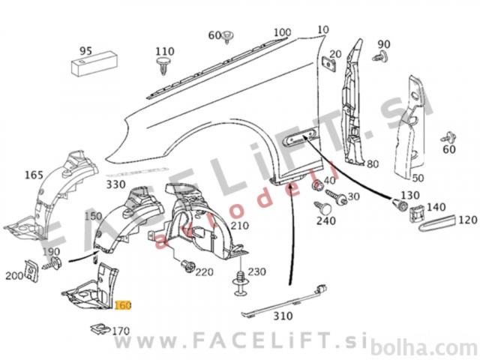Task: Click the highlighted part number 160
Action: point(123,305)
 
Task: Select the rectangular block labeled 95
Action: point(94,64)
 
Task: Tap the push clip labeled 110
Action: point(163,65)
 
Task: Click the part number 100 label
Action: point(282,32)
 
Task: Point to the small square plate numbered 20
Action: point(329,64)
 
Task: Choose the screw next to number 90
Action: point(380,56)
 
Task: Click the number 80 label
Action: point(373,164)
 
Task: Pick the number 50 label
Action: point(418,178)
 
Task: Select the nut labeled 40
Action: point(316,184)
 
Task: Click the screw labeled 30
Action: point(336,197)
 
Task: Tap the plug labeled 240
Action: point(323,208)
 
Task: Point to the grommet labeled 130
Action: point(400,204)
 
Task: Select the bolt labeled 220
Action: point(187,265)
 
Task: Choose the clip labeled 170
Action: point(100,328)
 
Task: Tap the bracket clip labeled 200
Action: point(31,271)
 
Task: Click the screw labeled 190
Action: point(52,264)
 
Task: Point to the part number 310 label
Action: point(283,316)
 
